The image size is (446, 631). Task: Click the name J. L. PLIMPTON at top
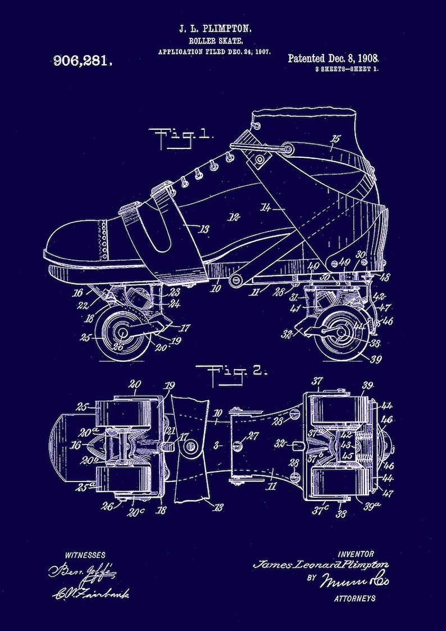(x=215, y=28)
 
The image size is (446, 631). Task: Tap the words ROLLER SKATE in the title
(x=215, y=40)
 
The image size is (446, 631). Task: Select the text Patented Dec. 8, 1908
(x=333, y=58)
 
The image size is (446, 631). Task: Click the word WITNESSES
(x=85, y=555)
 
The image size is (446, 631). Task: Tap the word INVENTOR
(x=356, y=554)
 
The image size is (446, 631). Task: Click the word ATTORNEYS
(x=355, y=598)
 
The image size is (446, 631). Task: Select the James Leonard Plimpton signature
(x=321, y=565)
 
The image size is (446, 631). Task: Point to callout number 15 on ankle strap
(x=336, y=138)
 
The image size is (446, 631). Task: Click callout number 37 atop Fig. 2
(x=318, y=382)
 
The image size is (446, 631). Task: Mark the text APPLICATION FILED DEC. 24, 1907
(x=215, y=51)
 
